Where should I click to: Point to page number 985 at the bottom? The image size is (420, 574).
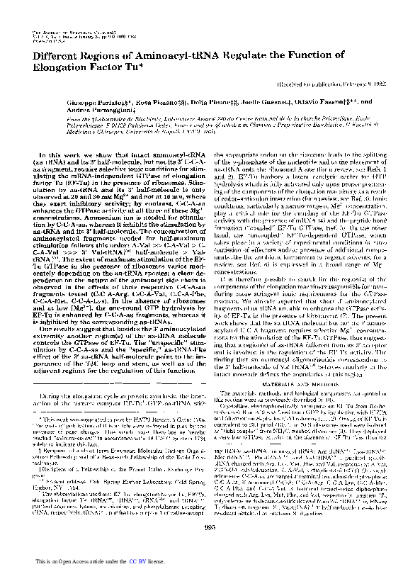click(x=210, y=544)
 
